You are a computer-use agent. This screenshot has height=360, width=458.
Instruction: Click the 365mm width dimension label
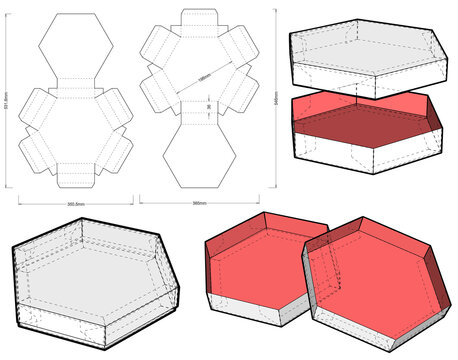coord(199,204)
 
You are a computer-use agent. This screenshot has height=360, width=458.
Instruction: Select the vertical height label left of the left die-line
coord(9,100)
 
